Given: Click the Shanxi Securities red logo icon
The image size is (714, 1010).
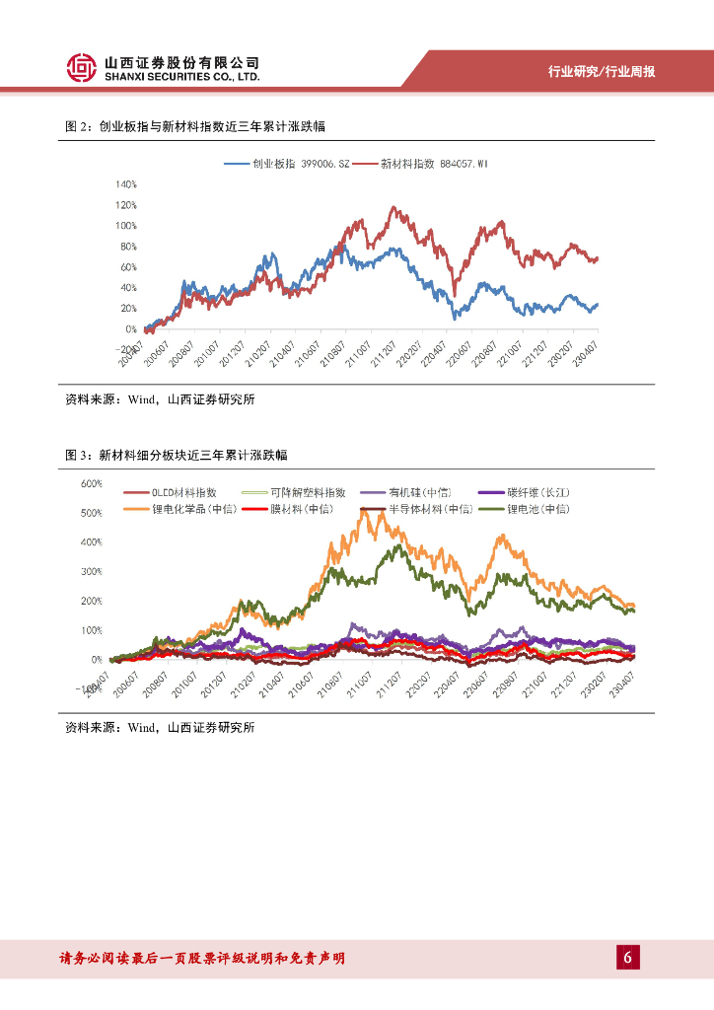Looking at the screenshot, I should tap(81, 68).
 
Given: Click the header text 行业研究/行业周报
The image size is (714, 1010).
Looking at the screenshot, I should tap(602, 71).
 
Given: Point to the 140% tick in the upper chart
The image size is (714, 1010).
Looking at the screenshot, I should tap(126, 184).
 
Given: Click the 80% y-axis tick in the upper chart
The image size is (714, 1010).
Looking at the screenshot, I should tap(128, 247).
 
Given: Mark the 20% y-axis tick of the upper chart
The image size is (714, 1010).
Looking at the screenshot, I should tap(128, 309).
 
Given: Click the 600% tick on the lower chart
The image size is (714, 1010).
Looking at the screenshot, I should tap(92, 483).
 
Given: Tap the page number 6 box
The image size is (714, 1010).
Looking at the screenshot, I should tap(628, 957).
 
